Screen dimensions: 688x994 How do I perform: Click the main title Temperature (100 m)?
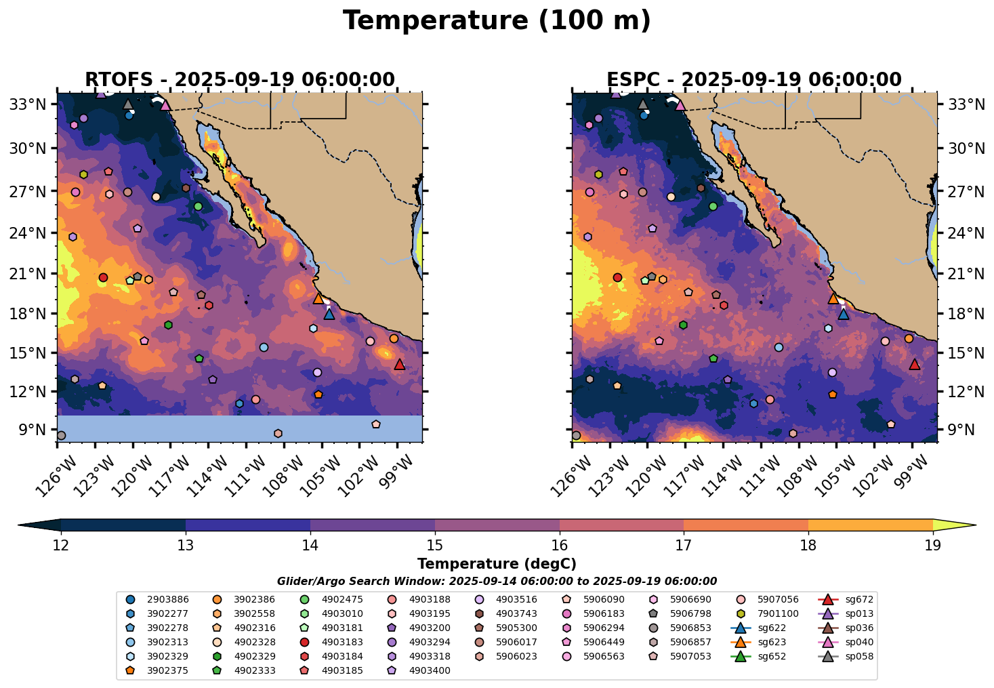tap(497, 21)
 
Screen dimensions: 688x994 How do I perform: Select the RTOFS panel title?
tap(240, 79)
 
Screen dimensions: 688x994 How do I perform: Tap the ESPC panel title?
tap(754, 79)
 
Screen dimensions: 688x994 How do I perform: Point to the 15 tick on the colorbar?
tap(435, 545)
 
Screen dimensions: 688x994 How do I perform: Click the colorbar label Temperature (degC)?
tap(497, 564)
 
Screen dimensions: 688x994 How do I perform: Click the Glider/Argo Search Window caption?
tap(497, 582)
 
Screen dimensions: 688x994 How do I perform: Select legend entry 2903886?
tap(157, 599)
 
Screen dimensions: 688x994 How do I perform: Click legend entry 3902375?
tap(157, 670)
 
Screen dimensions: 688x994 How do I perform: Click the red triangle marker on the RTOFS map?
tap(400, 364)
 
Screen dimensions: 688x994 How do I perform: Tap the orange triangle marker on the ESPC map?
tap(833, 298)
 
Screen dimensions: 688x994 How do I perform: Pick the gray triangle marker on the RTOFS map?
tap(128, 104)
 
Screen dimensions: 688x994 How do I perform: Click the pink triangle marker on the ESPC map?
tap(680, 105)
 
